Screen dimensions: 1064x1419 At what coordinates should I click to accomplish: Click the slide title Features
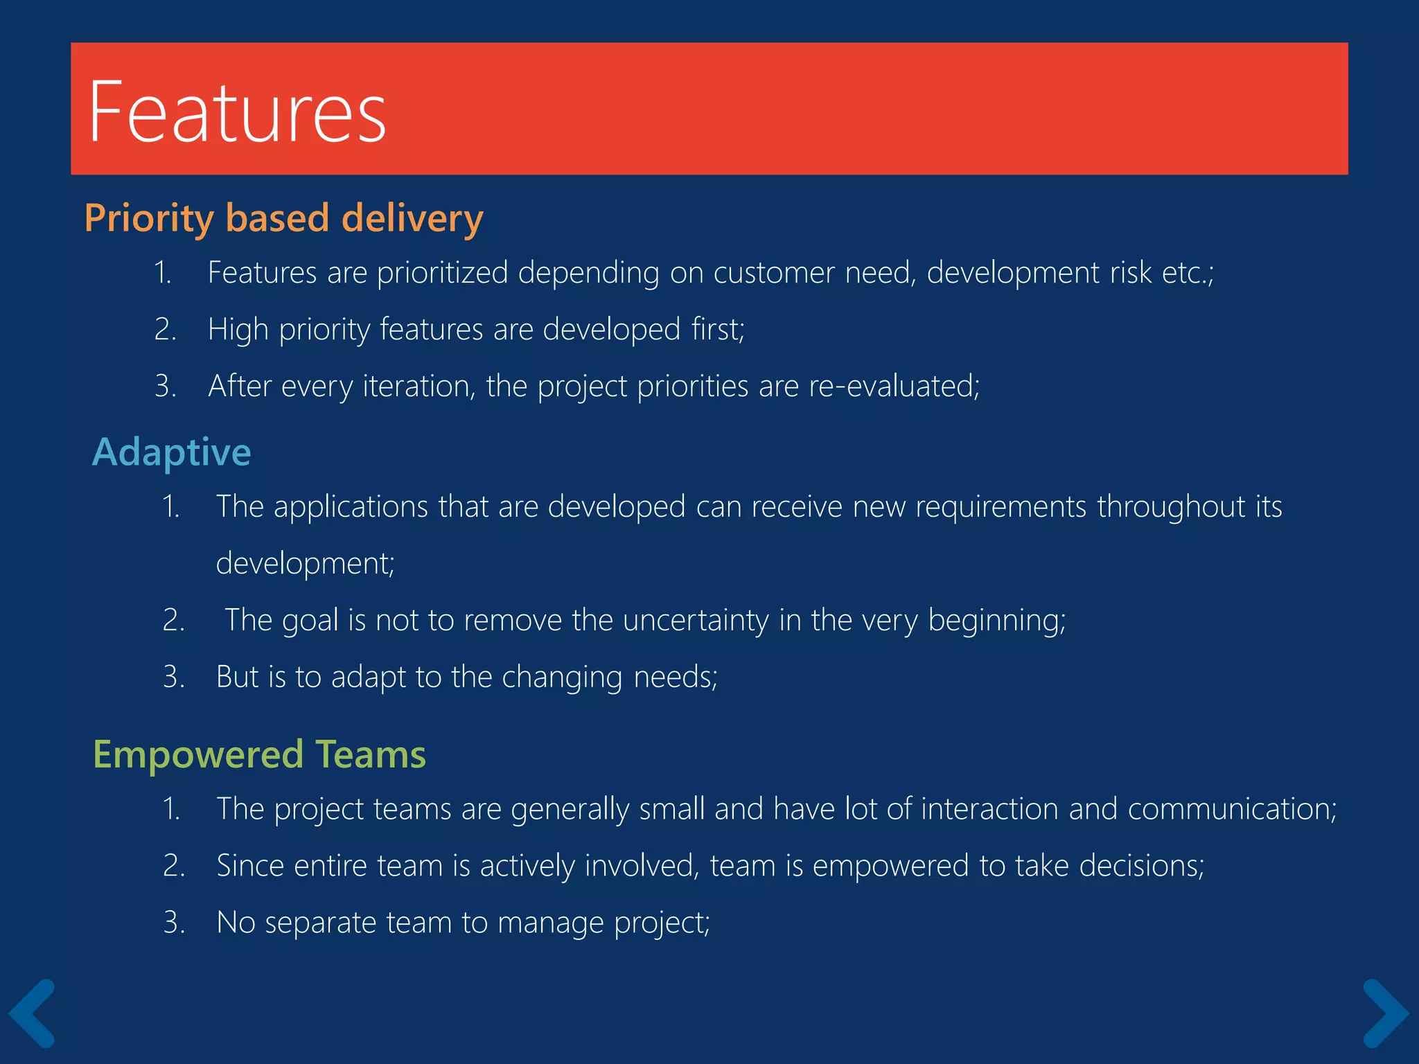coord(237,112)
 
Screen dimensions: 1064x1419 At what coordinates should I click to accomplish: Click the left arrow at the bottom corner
coord(32,1013)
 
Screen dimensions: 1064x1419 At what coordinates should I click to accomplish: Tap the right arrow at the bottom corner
coord(1385,1013)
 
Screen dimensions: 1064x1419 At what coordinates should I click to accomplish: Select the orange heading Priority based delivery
coord(283,218)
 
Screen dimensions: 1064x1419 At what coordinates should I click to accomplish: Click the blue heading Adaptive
coord(171,452)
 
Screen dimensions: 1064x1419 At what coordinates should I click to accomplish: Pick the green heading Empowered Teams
coord(259,754)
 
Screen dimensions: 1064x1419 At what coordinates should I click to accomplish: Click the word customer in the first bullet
coord(774,272)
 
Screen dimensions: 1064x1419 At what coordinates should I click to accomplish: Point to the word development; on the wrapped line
coord(305,563)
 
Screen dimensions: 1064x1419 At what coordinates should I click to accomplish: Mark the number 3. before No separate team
coord(174,923)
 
